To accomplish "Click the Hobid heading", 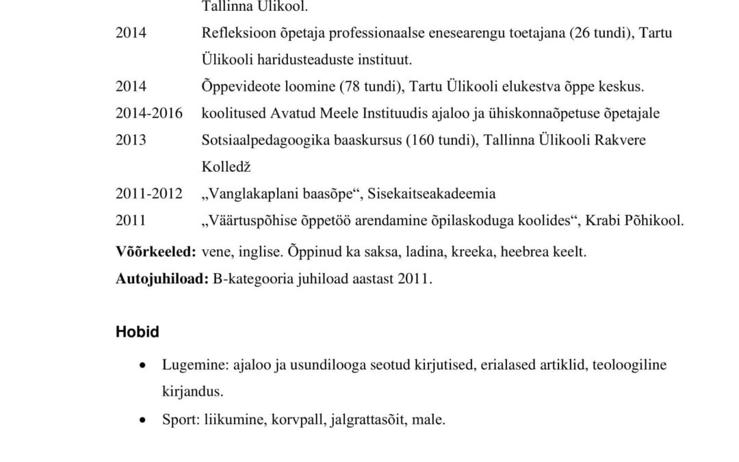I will coord(137,333).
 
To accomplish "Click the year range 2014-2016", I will coord(148,114).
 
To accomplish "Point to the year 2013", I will coord(131,140).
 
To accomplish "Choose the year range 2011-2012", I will coord(148,194).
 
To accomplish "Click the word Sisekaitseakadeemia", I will coord(432,194).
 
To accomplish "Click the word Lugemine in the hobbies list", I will coord(189,365).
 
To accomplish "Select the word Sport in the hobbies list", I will coord(180,420).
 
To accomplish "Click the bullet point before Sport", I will coord(142,420).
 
